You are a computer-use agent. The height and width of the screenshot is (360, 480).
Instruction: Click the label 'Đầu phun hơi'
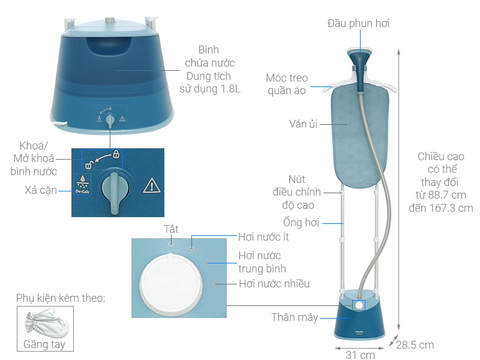click(x=362, y=23)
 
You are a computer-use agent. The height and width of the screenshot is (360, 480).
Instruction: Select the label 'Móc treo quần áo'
click(x=287, y=85)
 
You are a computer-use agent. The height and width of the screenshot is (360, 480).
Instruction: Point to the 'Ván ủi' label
click(x=303, y=124)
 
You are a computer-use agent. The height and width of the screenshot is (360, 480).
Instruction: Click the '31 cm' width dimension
click(x=360, y=355)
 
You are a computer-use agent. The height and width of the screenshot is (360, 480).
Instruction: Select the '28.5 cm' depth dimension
click(x=415, y=344)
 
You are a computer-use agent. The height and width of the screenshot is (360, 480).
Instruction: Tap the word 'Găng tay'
click(x=45, y=344)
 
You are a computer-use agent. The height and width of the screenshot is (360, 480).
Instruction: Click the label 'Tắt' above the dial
click(x=171, y=230)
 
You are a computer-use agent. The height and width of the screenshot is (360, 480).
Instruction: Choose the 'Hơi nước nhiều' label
click(x=274, y=284)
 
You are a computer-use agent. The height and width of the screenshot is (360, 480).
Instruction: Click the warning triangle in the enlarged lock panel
click(x=151, y=185)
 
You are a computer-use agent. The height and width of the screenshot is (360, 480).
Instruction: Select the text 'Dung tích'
click(x=205, y=76)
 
